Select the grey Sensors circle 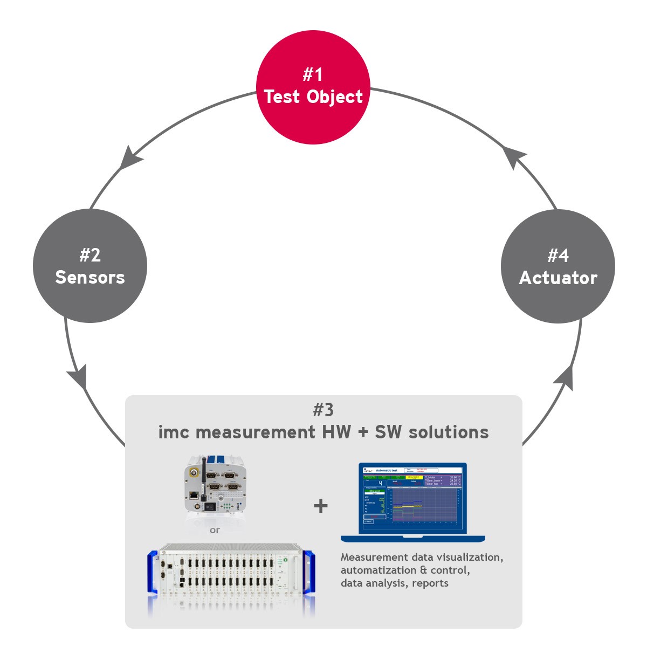pyautogui.click(x=90, y=266)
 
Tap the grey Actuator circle pyautogui.click(x=558, y=266)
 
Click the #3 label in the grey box pyautogui.click(x=323, y=410)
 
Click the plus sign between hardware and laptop pyautogui.click(x=321, y=505)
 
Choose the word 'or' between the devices pyautogui.click(x=215, y=530)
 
